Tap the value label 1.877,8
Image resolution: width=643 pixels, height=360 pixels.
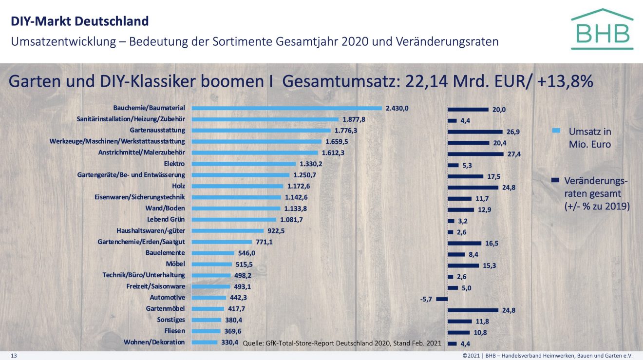[x=354, y=119]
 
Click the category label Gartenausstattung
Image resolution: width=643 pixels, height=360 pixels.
[x=157, y=130]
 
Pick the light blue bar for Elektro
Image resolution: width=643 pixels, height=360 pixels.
[x=244, y=164]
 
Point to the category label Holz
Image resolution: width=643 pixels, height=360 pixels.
[x=178, y=186]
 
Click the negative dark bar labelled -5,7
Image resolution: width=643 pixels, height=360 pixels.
[x=442, y=299]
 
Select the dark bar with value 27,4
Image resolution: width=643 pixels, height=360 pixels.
[x=475, y=154]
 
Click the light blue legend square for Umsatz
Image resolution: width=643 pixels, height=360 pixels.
[x=557, y=131]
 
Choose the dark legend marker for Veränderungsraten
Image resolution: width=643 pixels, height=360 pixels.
[x=555, y=180]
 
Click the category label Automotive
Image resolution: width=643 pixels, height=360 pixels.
[x=167, y=298]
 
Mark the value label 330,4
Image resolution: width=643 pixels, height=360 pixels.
[x=229, y=342]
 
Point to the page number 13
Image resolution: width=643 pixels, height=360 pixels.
[x=14, y=356]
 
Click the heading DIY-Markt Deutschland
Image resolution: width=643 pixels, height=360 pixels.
[x=79, y=21]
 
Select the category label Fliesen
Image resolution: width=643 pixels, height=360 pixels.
[x=174, y=331]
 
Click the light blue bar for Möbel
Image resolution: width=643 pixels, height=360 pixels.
[x=212, y=265]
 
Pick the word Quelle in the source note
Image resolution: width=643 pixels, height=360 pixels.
[x=253, y=343]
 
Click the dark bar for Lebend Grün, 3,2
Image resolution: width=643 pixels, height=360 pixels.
[x=451, y=221]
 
